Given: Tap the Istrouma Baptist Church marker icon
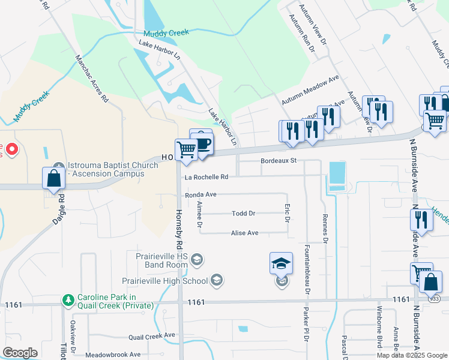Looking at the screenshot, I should (x=58, y=166).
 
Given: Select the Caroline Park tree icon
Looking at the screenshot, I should (x=69, y=298).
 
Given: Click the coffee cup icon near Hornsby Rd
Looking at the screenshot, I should (x=202, y=144).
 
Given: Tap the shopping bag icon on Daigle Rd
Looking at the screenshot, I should (x=54, y=179).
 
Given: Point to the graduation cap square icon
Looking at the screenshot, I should (x=281, y=263).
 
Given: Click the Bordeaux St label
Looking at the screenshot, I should (x=279, y=161).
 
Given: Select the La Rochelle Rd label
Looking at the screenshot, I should (x=207, y=177).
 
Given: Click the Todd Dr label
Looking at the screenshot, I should (x=244, y=214).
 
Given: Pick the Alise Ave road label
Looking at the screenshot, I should (x=244, y=233).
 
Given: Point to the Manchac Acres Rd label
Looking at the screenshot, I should (x=91, y=78).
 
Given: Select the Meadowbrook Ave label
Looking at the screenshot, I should (x=112, y=355).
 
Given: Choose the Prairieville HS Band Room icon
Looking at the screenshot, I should (x=199, y=260).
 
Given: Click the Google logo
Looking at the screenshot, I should (x=20, y=353).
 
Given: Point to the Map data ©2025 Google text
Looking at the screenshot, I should (x=411, y=355).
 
